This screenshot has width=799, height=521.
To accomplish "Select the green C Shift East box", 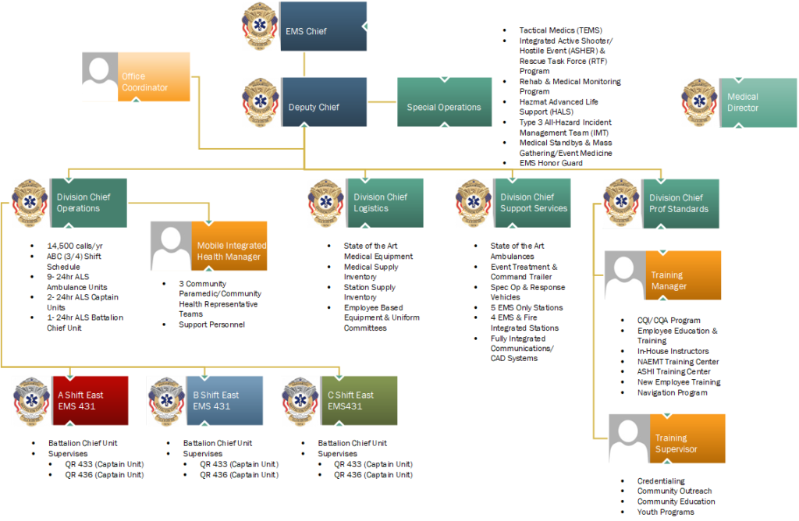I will pyautogui.click(x=359, y=400).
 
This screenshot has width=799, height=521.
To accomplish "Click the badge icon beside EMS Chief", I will pyautogui.click(x=259, y=24).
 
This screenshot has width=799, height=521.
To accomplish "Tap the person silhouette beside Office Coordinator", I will pyautogui.click(x=100, y=77).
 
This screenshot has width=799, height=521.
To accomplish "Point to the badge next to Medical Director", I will pyautogui.click(x=698, y=102).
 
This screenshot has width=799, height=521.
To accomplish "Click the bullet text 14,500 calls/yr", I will pyautogui.click(x=75, y=246).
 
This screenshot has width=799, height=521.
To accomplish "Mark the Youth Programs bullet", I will pyautogui.click(x=665, y=512).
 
